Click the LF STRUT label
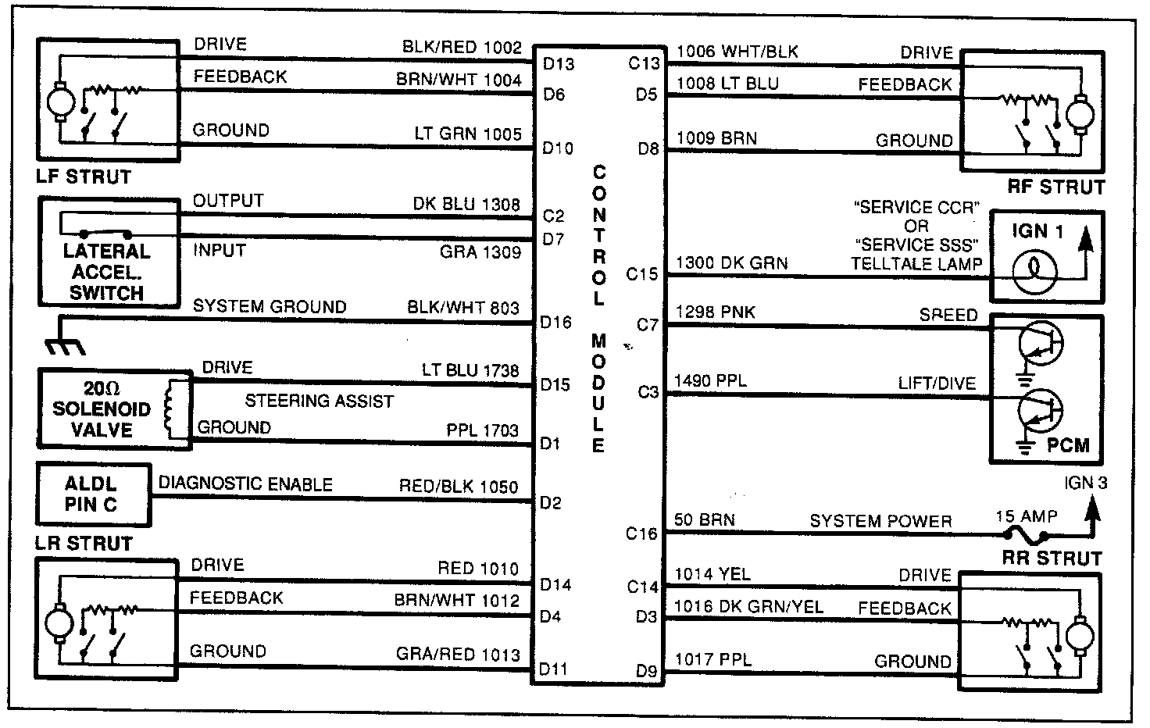84,177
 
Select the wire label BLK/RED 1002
462,47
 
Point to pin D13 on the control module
558,63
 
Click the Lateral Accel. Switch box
107,252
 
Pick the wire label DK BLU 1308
466,205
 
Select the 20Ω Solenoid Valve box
114,409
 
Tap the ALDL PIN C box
92,494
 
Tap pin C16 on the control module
641,534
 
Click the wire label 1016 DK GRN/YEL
748,606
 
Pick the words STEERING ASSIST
319,401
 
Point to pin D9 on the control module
646,670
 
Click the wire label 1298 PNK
715,312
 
